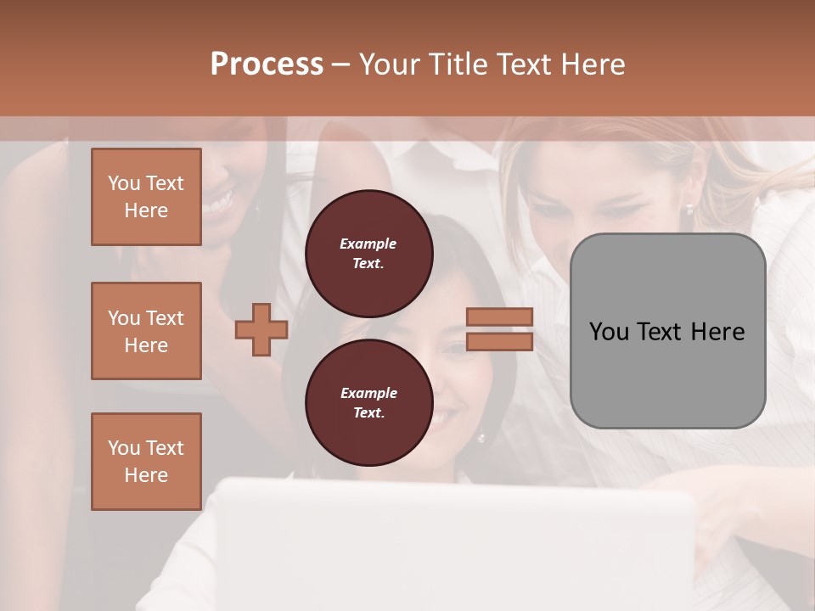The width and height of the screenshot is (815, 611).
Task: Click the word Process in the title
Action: click(267, 64)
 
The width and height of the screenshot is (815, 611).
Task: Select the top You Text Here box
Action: click(146, 197)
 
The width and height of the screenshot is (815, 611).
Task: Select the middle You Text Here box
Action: click(146, 331)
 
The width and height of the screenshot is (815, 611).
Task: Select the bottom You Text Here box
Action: click(146, 462)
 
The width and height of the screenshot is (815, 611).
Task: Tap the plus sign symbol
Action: click(261, 329)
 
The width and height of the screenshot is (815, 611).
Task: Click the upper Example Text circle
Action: click(368, 253)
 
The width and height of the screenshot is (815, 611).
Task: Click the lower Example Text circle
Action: click(368, 402)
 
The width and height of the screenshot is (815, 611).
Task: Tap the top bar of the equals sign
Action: click(499, 317)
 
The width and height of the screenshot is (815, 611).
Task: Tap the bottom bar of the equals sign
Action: click(499, 342)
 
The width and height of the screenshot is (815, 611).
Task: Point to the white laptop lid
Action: click(458, 543)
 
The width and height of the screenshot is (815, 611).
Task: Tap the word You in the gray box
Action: click(608, 332)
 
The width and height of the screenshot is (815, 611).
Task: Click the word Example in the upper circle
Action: click(368, 244)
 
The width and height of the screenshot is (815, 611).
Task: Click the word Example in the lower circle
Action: click(368, 393)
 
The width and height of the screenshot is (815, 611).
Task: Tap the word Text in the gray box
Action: click(658, 332)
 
